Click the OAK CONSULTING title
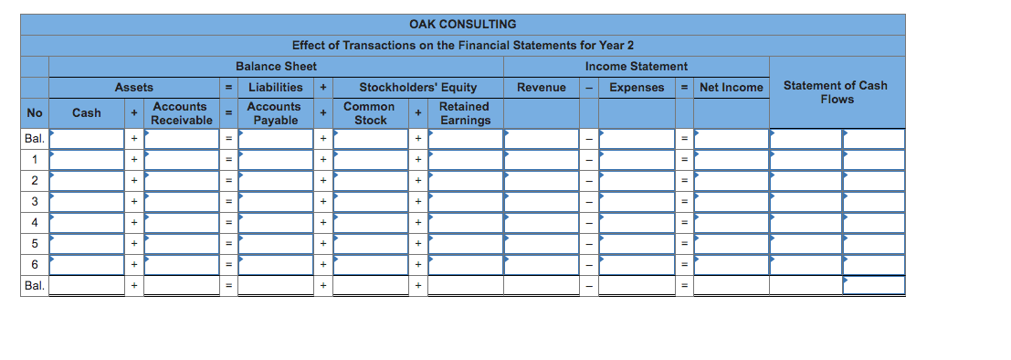click(x=462, y=25)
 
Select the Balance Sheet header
click(x=276, y=67)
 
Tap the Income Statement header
click(x=637, y=67)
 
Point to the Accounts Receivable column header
click(x=181, y=113)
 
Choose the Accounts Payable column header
click(x=275, y=113)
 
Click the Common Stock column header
click(x=370, y=113)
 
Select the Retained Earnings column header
click(x=465, y=113)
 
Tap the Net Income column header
click(x=732, y=87)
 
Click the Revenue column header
click(x=542, y=87)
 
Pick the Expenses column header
click(x=637, y=87)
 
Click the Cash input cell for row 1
click(x=87, y=159)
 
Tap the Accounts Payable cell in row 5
click(x=276, y=244)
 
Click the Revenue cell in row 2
click(x=542, y=181)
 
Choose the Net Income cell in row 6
click(x=732, y=264)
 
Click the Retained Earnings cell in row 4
click(x=466, y=223)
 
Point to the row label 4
click(x=34, y=223)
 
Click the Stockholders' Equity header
click(x=417, y=87)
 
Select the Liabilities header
click(x=275, y=87)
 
